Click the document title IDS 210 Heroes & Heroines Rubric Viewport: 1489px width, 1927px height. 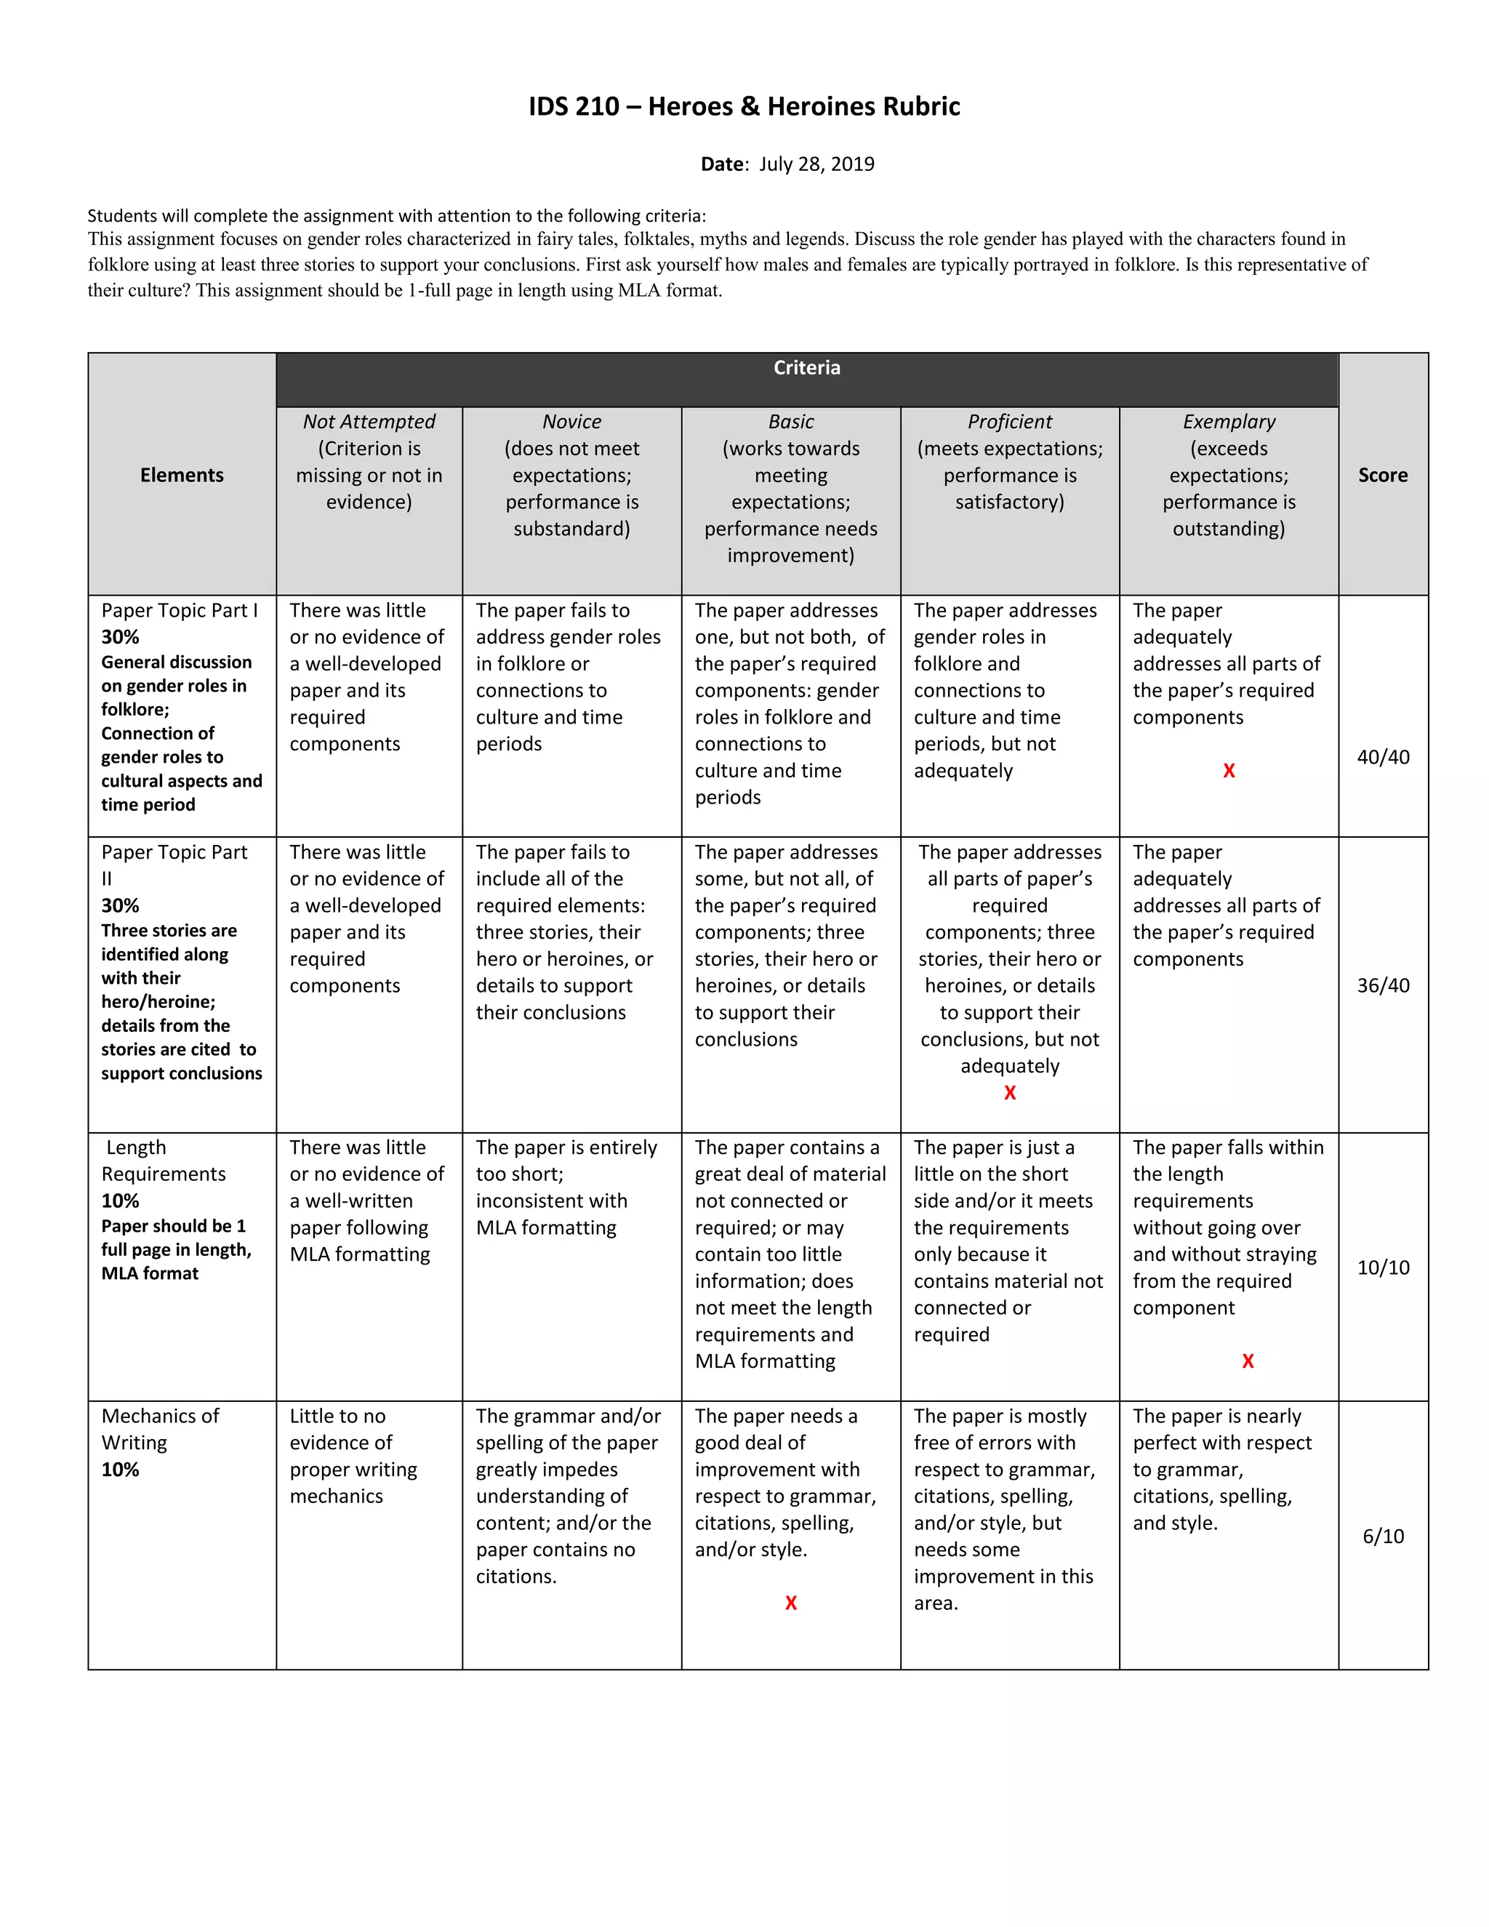(744, 107)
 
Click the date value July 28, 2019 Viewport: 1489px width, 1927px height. (816, 164)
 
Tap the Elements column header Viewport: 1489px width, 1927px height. (182, 475)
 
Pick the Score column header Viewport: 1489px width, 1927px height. (1382, 475)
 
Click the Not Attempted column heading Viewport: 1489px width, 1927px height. (369, 422)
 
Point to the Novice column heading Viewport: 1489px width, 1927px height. (571, 422)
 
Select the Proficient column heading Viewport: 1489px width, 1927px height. (1009, 422)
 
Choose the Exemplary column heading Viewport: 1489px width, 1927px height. (1228, 422)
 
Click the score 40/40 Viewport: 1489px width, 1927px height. (1382, 757)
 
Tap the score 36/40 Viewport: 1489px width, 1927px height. (1382, 985)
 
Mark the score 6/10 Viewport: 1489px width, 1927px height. (1382, 1536)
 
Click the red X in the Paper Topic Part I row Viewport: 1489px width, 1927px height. (1228, 771)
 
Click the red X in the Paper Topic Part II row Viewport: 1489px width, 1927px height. (1009, 1093)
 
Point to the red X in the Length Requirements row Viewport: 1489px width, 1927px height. (1248, 1361)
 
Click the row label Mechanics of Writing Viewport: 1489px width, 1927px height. (160, 1430)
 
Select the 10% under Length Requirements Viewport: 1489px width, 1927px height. (120, 1201)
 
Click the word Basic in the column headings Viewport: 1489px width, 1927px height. (790, 422)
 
